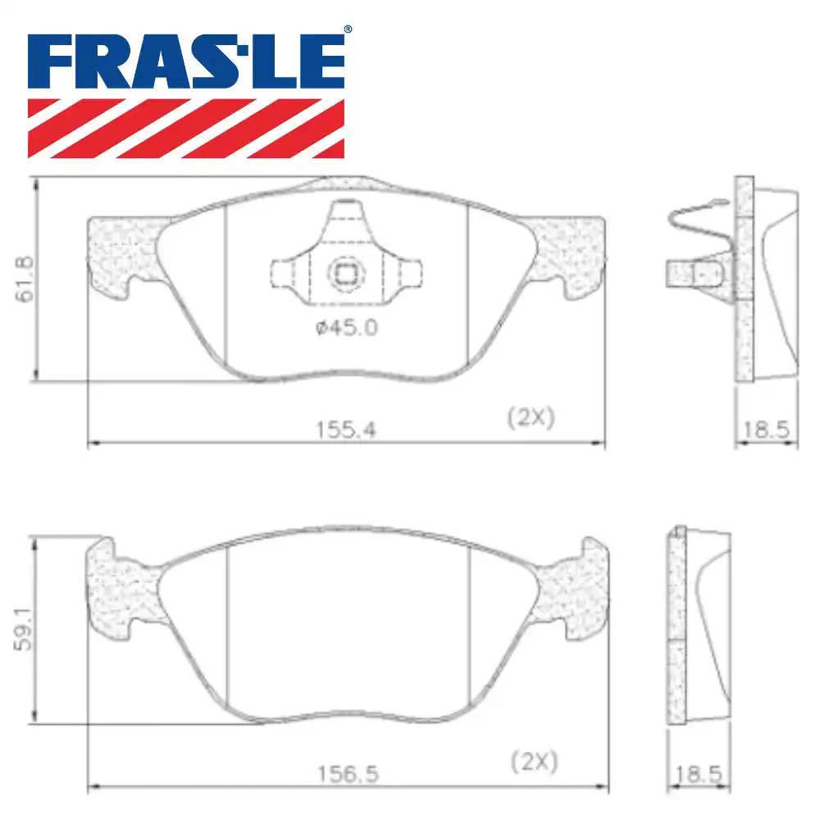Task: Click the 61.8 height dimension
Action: pyautogui.click(x=25, y=280)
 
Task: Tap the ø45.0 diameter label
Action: pyautogui.click(x=346, y=328)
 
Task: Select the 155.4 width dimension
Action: pyautogui.click(x=346, y=430)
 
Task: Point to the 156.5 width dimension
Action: pyautogui.click(x=348, y=775)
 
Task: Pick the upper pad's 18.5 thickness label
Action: pyautogui.click(x=766, y=430)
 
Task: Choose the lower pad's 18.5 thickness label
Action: pyautogui.click(x=699, y=775)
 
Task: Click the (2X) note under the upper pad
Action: pyautogui.click(x=531, y=418)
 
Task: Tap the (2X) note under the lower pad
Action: pyautogui.click(x=535, y=762)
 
